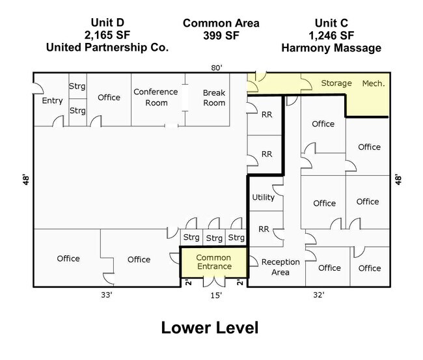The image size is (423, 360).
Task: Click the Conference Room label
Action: click(x=156, y=97)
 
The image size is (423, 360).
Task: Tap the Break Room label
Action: click(x=214, y=98)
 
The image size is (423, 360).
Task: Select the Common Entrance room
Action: click(x=213, y=262)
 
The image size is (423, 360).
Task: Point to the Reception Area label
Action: click(x=280, y=267)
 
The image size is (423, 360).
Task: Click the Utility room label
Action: click(x=264, y=197)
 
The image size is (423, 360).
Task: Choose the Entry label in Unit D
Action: click(x=52, y=101)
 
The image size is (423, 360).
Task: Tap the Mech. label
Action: click(x=374, y=83)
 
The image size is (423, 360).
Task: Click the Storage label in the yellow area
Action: click(x=336, y=83)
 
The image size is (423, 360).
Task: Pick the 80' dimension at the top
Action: click(x=217, y=68)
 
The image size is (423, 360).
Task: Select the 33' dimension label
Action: click(x=107, y=295)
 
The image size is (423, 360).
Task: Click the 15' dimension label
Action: click(x=216, y=296)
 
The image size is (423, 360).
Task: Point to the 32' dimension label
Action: click(x=319, y=295)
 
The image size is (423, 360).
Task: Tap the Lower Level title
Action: click(x=210, y=327)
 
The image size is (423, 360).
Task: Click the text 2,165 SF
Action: click(x=107, y=35)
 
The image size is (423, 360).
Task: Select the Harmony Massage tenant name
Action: click(x=331, y=48)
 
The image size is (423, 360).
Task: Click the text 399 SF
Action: click(x=221, y=35)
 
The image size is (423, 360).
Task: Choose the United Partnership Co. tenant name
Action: click(x=107, y=48)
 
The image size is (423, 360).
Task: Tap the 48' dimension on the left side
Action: click(x=26, y=180)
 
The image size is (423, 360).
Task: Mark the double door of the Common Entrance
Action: click(x=214, y=281)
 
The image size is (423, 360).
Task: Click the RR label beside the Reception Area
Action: click(x=264, y=229)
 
